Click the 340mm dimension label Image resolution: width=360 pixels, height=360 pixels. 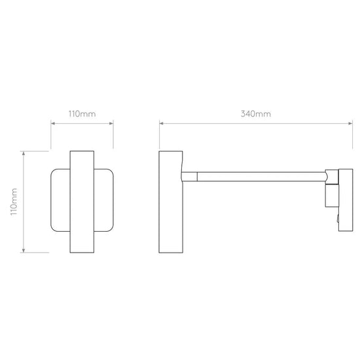pyautogui.click(x=256, y=114)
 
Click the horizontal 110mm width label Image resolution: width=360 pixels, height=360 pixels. pyautogui.click(x=82, y=114)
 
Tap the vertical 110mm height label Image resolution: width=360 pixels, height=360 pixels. pyautogui.click(x=14, y=202)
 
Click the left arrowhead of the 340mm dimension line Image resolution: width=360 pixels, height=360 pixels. pyautogui.click(x=161, y=124)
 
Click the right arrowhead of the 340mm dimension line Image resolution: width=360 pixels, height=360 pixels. pyautogui.click(x=351, y=124)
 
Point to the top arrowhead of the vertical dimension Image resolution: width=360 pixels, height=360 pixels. pyautogui.click(x=23, y=153)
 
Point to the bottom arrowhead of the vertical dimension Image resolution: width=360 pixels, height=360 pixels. pyautogui.click(x=23, y=250)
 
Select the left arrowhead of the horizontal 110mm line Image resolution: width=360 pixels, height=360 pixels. pyautogui.click(x=53, y=124)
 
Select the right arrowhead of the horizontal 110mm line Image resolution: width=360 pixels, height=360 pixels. pyautogui.click(x=111, y=124)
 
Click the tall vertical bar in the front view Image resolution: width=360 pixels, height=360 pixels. pyautogui.click(x=82, y=202)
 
